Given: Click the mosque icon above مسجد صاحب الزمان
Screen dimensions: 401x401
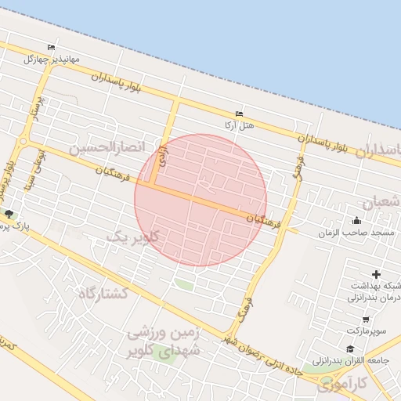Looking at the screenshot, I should (357, 220).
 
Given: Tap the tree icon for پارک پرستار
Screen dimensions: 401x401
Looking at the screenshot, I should (9, 214).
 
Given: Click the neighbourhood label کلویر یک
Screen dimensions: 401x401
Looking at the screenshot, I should (132, 236).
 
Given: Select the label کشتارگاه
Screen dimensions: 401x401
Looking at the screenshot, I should (103, 293).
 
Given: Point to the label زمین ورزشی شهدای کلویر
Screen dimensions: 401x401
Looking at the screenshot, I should (164, 342).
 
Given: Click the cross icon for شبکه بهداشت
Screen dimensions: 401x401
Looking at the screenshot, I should (377, 274).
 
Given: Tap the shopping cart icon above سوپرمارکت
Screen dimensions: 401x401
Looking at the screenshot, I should (366, 320).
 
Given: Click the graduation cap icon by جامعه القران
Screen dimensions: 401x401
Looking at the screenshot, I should (349, 349).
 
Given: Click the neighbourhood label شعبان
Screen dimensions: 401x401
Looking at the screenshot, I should (383, 200).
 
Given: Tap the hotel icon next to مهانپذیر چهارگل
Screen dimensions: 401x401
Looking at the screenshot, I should (52, 47).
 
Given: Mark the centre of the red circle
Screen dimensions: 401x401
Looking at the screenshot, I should (200, 200).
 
